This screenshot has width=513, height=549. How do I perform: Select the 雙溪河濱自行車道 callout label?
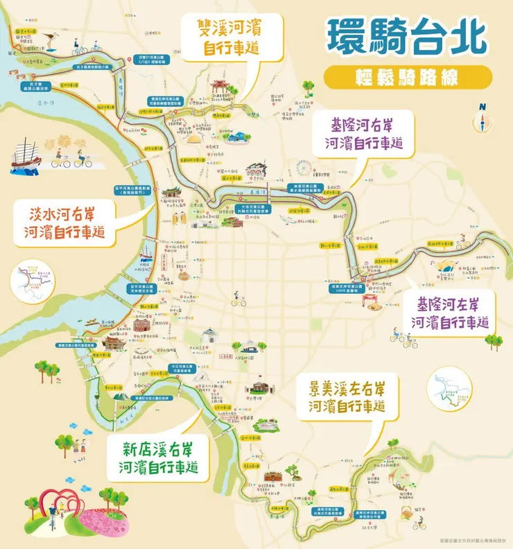click(x=223, y=38)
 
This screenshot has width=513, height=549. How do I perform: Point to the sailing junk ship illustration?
click(x=26, y=155)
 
